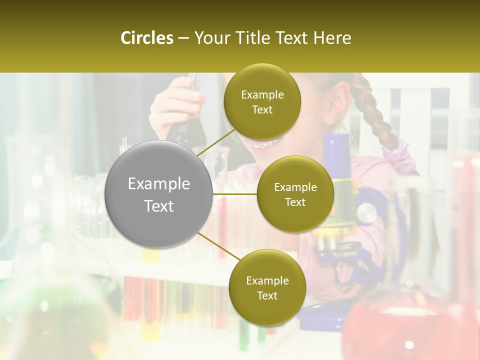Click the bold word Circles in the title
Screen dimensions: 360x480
click(x=146, y=38)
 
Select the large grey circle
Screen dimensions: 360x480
click(x=158, y=194)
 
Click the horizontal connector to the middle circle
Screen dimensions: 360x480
click(x=234, y=193)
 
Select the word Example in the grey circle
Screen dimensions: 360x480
click(x=158, y=184)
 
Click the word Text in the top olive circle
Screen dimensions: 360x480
click(x=262, y=110)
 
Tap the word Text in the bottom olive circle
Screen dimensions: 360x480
click(x=267, y=296)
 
